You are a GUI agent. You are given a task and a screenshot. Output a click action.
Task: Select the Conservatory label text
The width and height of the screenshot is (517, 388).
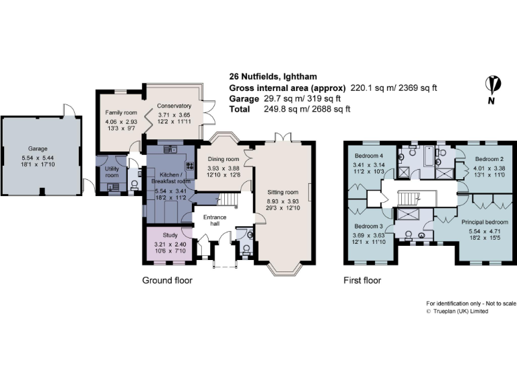click(x=174, y=106)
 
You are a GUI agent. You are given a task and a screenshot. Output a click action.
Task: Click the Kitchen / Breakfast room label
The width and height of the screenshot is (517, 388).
click(x=169, y=176)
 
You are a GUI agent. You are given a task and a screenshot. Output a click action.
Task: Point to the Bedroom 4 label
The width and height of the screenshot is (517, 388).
click(x=369, y=156)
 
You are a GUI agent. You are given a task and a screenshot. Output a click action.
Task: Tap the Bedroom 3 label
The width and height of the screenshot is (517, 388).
click(x=368, y=226)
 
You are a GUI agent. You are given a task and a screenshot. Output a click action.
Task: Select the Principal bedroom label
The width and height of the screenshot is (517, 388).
click(x=485, y=222)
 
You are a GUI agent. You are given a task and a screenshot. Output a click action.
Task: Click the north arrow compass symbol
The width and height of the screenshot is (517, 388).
click(x=493, y=86)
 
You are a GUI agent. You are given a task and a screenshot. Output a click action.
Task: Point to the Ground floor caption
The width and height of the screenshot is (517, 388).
click(x=167, y=280)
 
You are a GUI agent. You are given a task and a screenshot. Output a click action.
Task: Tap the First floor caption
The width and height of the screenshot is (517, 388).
click(x=362, y=280)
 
